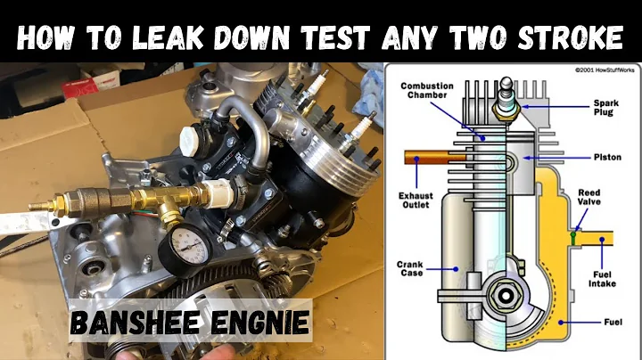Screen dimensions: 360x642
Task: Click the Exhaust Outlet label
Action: coord(415,199)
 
